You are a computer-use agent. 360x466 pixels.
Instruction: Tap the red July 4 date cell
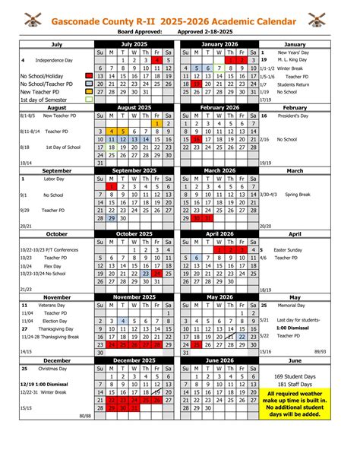pyautogui.click(x=156, y=60)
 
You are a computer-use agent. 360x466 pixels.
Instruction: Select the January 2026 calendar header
pyautogui.click(x=219, y=44)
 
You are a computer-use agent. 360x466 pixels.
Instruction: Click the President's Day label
pyautogui.click(x=293, y=116)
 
